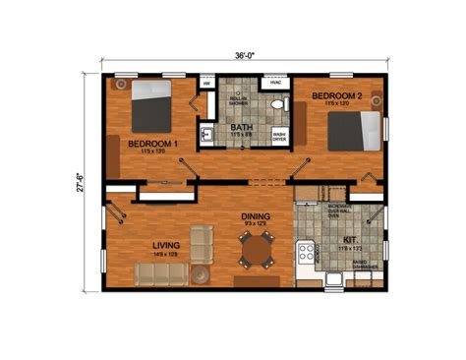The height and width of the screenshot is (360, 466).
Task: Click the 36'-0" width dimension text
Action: point(245,56)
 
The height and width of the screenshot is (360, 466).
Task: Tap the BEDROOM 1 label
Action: point(153,144)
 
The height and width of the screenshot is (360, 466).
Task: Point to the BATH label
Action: point(241,128)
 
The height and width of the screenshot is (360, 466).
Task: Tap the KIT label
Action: point(350,239)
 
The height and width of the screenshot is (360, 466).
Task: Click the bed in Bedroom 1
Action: point(150,101)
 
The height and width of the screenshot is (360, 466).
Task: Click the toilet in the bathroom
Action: point(278,102)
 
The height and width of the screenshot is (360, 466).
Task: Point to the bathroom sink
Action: point(207,134)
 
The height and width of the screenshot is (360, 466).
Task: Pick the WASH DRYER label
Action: point(279,136)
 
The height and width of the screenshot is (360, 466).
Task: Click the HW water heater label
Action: point(207,85)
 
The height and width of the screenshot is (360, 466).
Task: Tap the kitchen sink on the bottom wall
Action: point(337,279)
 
